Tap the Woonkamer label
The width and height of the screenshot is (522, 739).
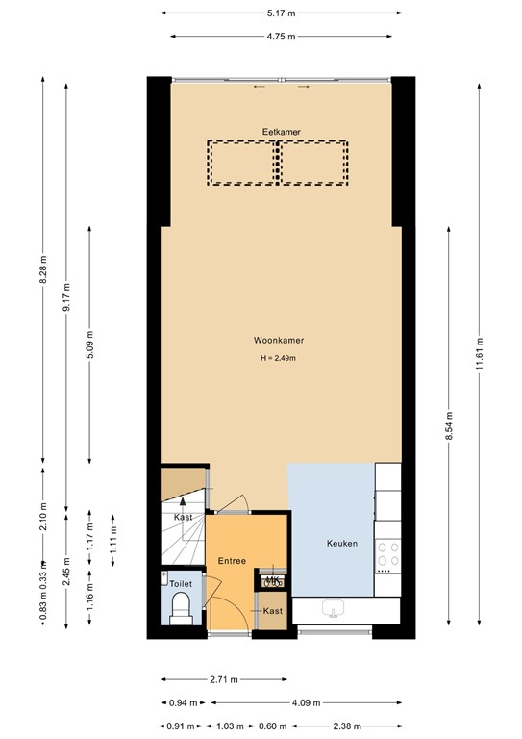[x=277, y=341]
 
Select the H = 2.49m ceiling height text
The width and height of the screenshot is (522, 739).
[x=277, y=359]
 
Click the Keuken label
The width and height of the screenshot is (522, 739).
[x=341, y=544]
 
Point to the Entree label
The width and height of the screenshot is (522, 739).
[x=232, y=561]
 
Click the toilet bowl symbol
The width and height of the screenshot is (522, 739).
[x=181, y=607]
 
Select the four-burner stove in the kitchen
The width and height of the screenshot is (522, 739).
[x=387, y=556]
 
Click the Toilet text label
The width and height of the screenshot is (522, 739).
[x=181, y=583]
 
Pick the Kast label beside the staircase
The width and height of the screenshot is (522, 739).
[x=183, y=518]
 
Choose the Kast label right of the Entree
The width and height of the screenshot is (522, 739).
[x=272, y=611]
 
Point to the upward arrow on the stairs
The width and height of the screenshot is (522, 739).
[x=183, y=504]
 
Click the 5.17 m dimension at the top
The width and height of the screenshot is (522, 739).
[x=280, y=13]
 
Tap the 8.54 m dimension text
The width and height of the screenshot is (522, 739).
[x=447, y=427]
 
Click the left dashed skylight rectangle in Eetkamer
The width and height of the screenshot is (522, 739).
[x=243, y=163]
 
